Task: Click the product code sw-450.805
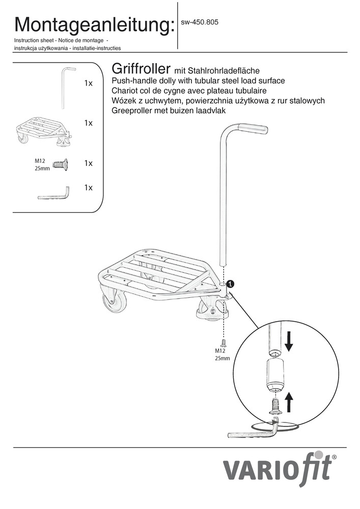[200, 22]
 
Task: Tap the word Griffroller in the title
[141, 69]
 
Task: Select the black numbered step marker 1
[230, 284]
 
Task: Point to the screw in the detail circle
[275, 406]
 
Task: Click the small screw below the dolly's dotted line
[223, 342]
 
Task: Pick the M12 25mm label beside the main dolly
[222, 354]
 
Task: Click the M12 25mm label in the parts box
[42, 164]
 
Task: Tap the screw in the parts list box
[61, 164]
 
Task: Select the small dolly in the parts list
[43, 133]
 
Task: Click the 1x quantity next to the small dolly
[88, 123]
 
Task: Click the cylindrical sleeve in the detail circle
[275, 375]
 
